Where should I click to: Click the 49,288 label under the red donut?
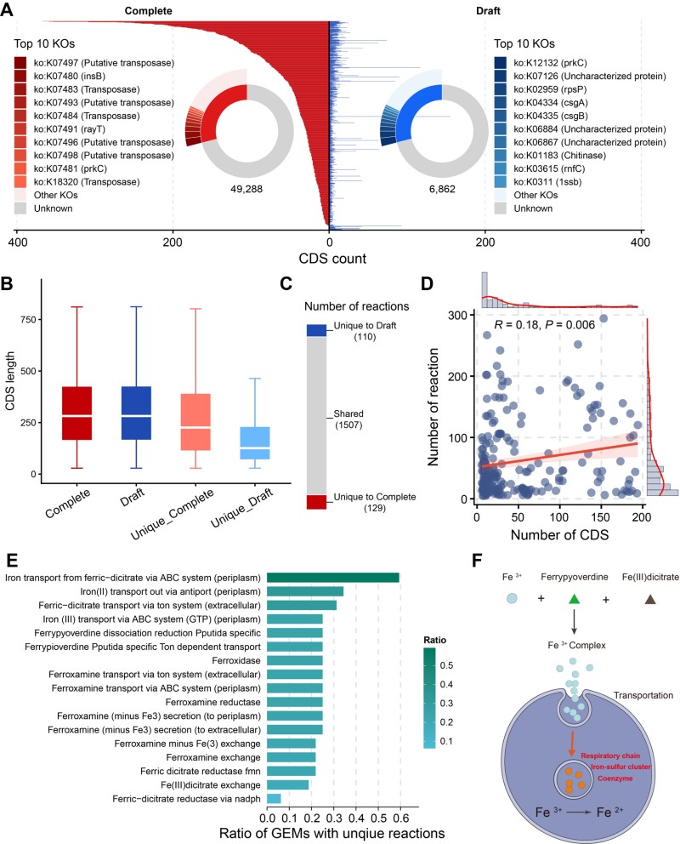click(x=246, y=189)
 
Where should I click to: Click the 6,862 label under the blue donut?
click(x=442, y=189)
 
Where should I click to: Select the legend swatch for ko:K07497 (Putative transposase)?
click(x=20, y=63)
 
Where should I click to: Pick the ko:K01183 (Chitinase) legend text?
click(x=559, y=156)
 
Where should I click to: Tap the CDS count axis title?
click(x=332, y=259)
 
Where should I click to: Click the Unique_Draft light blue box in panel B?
click(x=255, y=443)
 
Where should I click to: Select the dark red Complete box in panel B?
click(x=76, y=413)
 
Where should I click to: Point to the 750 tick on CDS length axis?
click(x=28, y=319)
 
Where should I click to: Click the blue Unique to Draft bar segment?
click(x=316, y=330)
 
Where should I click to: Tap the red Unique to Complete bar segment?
click(x=316, y=502)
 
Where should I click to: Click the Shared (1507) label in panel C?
click(x=348, y=419)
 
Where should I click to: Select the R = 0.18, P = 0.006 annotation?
click(x=544, y=324)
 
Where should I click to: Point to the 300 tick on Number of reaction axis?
click(x=457, y=315)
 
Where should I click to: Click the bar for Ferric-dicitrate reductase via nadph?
click(x=274, y=799)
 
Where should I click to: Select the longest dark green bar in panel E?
click(x=333, y=578)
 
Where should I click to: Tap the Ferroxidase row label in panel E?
click(x=236, y=660)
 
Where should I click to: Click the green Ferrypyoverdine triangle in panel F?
click(x=574, y=598)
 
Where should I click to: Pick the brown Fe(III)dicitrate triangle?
click(x=650, y=599)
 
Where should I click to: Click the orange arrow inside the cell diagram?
click(x=572, y=744)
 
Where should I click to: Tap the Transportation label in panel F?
click(x=643, y=695)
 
